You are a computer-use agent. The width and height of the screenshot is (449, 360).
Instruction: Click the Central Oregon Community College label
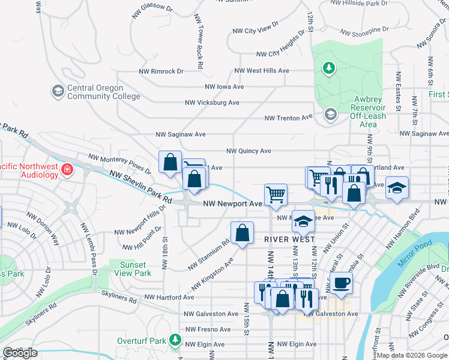pos(103,92)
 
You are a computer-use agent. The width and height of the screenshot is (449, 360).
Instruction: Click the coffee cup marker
pos(342,283)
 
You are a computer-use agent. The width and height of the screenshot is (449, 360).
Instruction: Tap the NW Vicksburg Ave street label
pos(212,103)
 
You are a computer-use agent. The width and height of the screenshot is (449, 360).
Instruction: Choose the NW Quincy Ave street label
pos(249,151)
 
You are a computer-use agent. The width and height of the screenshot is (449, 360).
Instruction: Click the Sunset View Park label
pos(132,269)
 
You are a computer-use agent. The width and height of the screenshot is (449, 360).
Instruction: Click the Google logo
pos(20,353)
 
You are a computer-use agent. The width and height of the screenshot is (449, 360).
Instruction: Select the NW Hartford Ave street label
pos(169,297)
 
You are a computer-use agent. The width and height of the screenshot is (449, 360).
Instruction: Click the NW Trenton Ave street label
pos(289,118)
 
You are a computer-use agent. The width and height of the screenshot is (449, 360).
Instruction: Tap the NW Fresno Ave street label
pos(208,329)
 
